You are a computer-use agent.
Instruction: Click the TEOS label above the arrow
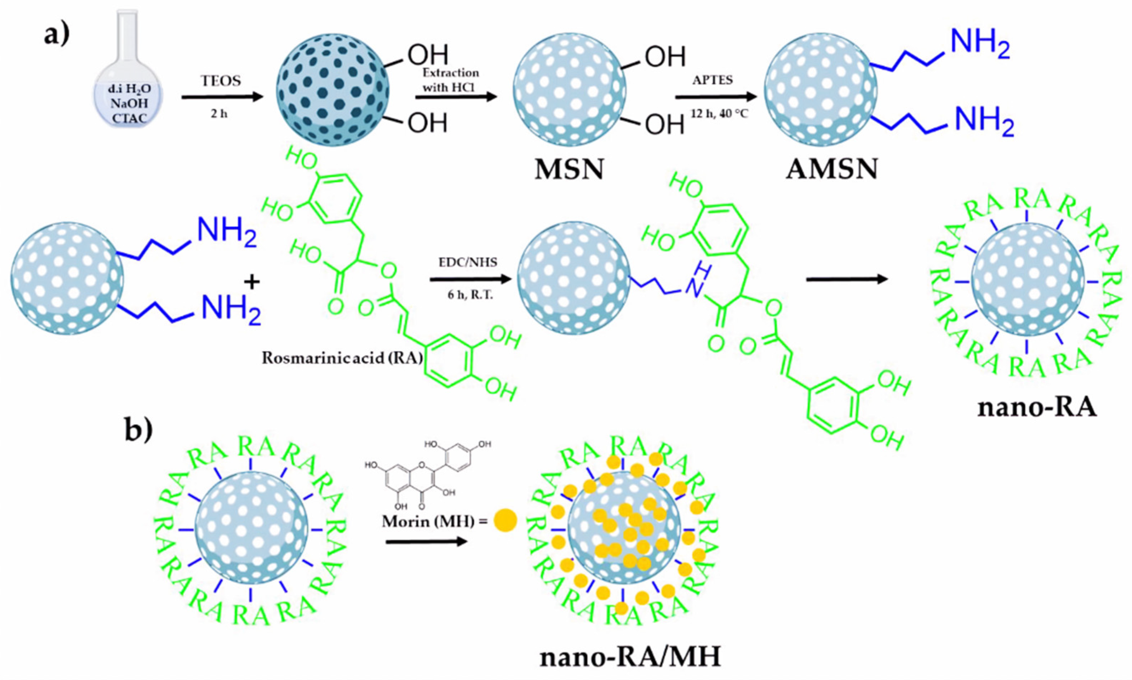click(x=220, y=81)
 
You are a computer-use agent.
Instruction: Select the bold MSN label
click(x=569, y=170)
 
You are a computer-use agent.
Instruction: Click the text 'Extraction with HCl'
click(x=450, y=80)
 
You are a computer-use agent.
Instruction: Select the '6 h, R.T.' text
click(x=470, y=295)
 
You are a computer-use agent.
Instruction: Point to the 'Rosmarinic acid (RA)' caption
click(x=343, y=358)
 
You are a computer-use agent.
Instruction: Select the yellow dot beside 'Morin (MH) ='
click(x=505, y=521)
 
